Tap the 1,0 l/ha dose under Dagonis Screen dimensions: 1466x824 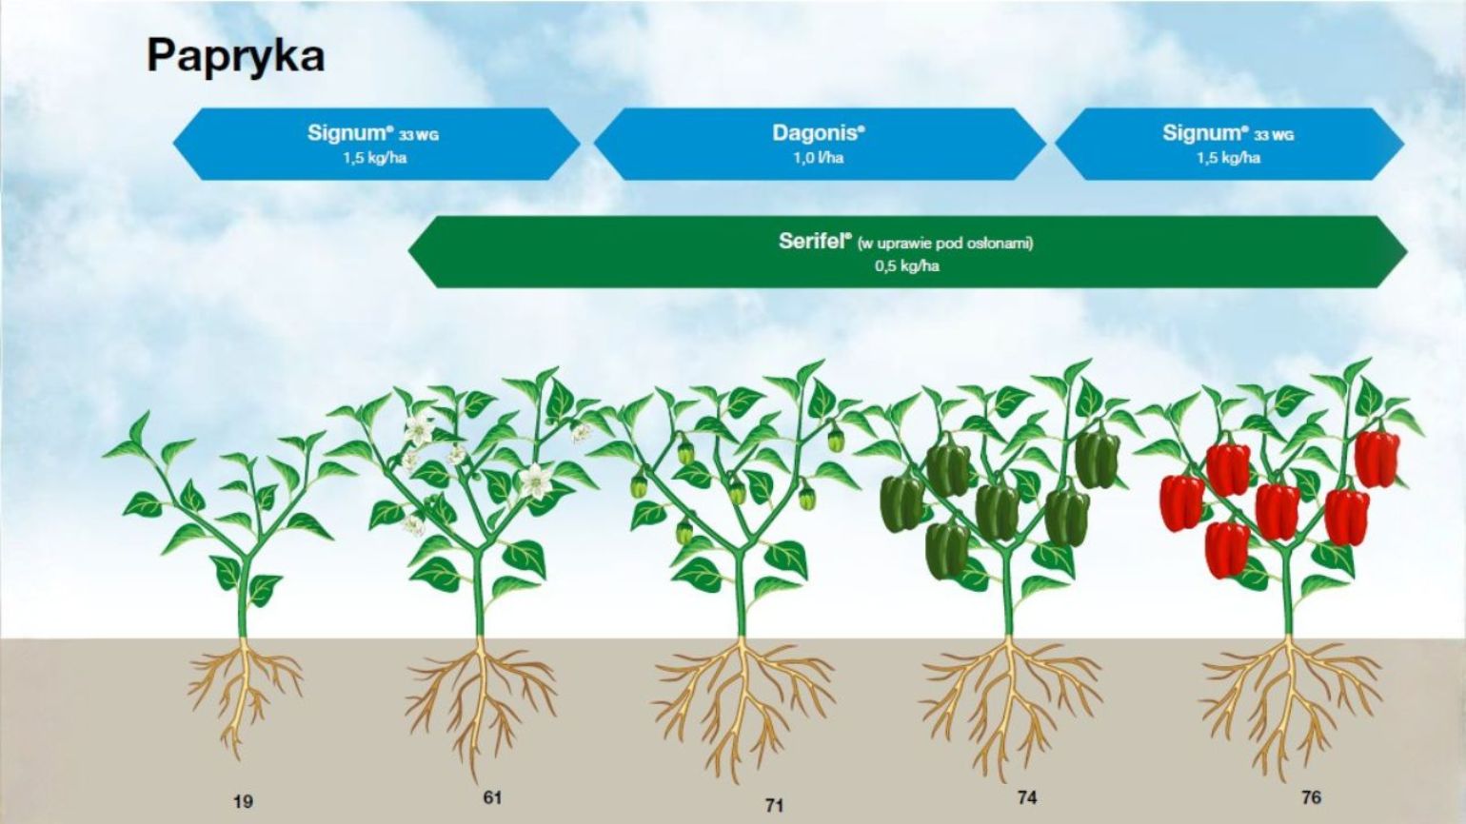pyautogui.click(x=819, y=158)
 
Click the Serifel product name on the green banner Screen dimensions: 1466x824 pyautogui.click(x=814, y=242)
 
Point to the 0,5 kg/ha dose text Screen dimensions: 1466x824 pyautogui.click(x=906, y=266)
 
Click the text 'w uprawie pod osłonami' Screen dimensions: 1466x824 pyautogui.click(x=945, y=244)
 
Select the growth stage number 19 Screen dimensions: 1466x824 pyautogui.click(x=243, y=802)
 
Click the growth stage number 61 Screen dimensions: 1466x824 pyautogui.click(x=492, y=798)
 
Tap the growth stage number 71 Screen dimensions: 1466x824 pyautogui.click(x=774, y=806)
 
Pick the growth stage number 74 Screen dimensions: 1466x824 pyautogui.click(x=1027, y=798)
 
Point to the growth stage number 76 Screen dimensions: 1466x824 pyautogui.click(x=1311, y=798)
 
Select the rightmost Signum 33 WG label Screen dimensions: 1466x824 pyautogui.click(x=1228, y=133)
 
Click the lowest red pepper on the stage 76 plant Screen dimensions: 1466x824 pyautogui.click(x=1227, y=548)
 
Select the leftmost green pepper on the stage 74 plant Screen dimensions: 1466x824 pyautogui.click(x=902, y=502)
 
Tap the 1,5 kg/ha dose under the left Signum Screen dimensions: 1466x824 pyautogui.click(x=375, y=158)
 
